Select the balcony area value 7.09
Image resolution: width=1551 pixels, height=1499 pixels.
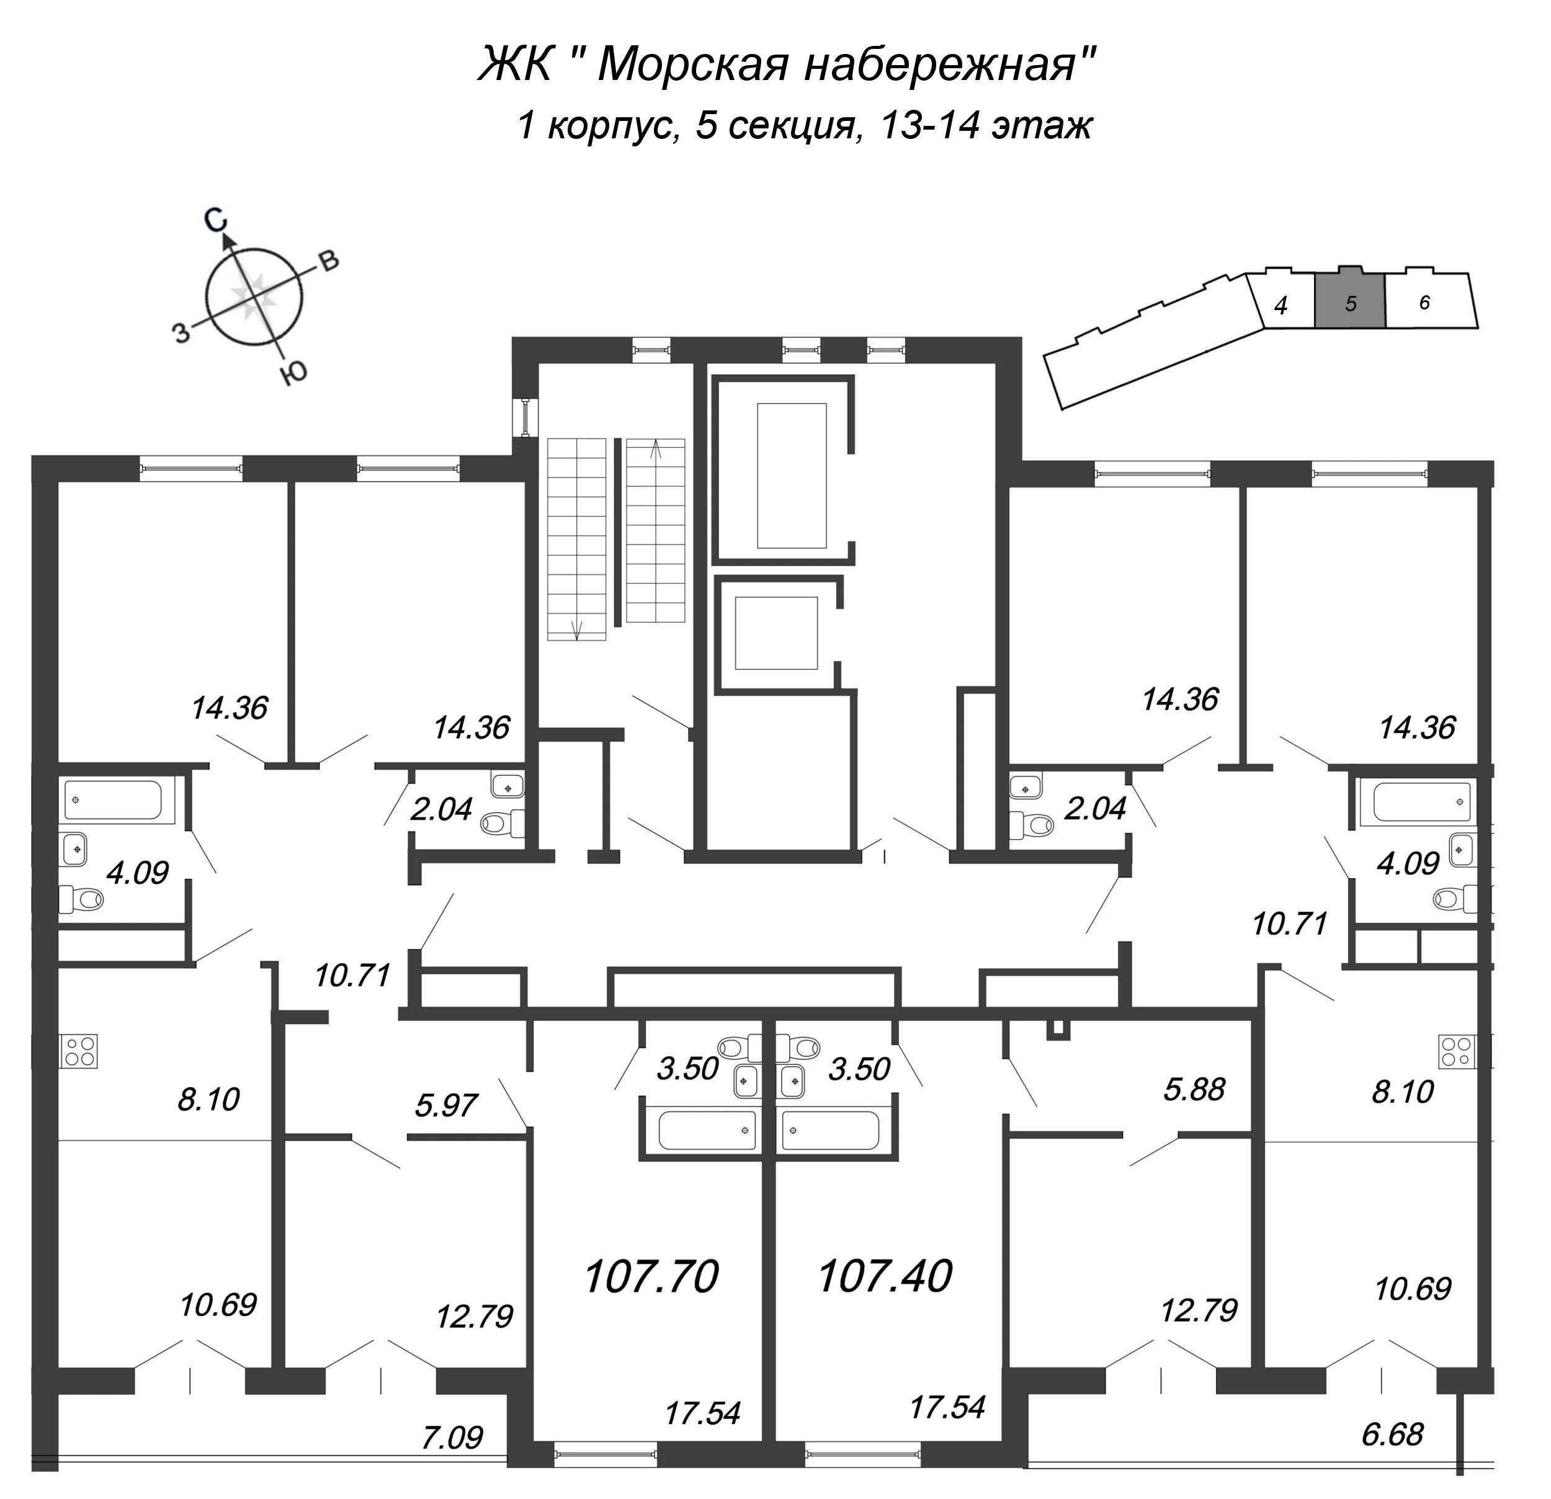[x=452, y=1436]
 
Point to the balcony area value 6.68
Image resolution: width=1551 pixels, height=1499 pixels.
[x=1393, y=1433]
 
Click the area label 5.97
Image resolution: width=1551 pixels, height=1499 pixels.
[x=446, y=1105]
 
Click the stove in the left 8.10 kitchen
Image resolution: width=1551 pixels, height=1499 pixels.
[x=78, y=1051]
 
